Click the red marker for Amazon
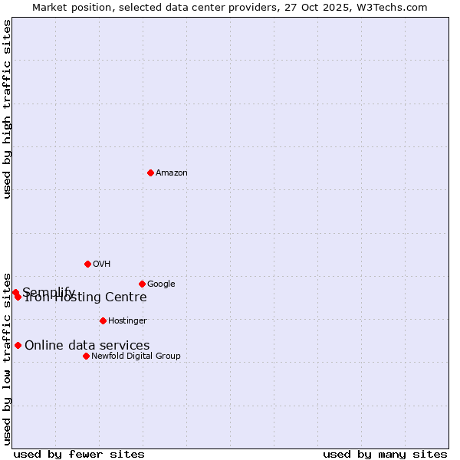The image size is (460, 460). point(150,172)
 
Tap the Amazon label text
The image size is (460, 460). point(172,173)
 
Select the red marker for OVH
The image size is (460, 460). point(87,264)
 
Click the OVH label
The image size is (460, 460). point(102,264)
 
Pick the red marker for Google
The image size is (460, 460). point(142,284)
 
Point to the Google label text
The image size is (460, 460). point(161,284)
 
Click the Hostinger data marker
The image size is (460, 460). point(103,320)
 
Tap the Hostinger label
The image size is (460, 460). point(127,321)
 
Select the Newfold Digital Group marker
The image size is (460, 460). point(86,356)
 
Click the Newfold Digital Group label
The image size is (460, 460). point(136,356)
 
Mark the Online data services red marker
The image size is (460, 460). point(18,345)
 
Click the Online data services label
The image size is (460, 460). point(87,346)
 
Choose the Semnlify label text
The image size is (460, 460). point(48,292)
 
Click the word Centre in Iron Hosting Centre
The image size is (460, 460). point(126,297)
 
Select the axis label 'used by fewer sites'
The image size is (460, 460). point(79,455)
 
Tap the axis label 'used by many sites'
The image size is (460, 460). point(385,455)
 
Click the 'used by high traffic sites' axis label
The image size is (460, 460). point(8,109)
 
